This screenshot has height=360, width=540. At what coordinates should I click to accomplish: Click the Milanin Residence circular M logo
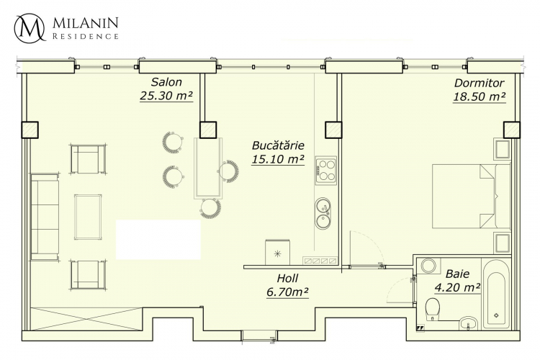(x=30, y=27)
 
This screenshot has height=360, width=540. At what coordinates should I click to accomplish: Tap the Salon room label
(x=166, y=82)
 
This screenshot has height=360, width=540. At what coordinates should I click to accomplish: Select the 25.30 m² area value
(x=166, y=96)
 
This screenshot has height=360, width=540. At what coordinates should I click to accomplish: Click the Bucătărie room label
(x=278, y=145)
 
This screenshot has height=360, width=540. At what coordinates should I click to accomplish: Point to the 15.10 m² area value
(x=278, y=159)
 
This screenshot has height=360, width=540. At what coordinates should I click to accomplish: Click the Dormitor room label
(x=479, y=83)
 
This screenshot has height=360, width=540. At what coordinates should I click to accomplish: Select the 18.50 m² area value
(x=479, y=96)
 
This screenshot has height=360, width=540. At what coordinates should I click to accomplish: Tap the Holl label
(x=287, y=278)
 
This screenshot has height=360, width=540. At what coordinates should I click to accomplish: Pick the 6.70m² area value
(x=287, y=292)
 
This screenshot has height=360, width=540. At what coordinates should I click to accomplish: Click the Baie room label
(x=457, y=274)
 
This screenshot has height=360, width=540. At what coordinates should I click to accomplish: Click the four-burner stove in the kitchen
(x=325, y=171)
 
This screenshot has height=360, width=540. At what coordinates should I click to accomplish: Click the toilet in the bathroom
(x=432, y=309)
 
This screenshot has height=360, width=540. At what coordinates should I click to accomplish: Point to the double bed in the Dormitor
(x=471, y=196)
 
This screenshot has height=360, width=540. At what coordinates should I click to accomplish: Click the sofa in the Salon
(x=45, y=217)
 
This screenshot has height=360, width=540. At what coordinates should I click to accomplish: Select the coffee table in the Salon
(x=88, y=217)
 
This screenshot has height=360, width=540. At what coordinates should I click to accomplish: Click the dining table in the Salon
(x=208, y=168)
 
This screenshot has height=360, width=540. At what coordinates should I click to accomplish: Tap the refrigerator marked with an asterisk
(x=278, y=253)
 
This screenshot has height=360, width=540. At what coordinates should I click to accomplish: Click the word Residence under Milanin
(x=86, y=36)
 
